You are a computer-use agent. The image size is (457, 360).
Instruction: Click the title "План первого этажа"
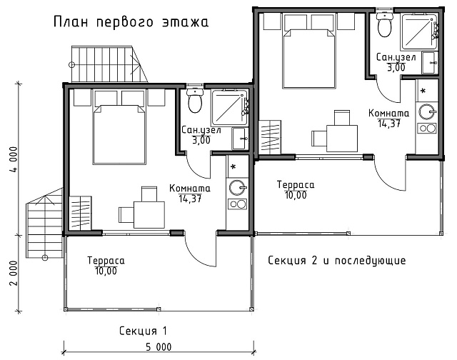131,22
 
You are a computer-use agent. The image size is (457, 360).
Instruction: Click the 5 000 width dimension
159,347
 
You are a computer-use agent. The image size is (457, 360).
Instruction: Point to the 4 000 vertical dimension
14,160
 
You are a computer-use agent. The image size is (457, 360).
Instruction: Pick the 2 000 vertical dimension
14,273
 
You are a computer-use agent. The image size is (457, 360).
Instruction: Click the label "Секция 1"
143,331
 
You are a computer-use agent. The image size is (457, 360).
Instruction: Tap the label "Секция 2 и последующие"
336,260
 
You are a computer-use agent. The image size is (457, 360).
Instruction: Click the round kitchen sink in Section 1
238,187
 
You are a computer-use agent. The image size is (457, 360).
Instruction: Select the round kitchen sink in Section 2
427,112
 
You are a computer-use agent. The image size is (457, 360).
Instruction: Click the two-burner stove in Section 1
238,204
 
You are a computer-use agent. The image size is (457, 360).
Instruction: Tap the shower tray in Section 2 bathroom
419,31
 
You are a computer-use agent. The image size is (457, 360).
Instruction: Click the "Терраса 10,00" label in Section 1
106,266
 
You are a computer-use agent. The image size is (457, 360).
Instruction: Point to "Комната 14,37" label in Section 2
388,118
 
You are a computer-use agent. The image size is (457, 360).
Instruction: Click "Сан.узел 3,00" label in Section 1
201,135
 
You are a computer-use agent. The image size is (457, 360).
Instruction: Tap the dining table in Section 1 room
149,215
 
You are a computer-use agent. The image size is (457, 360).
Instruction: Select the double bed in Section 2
308,59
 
